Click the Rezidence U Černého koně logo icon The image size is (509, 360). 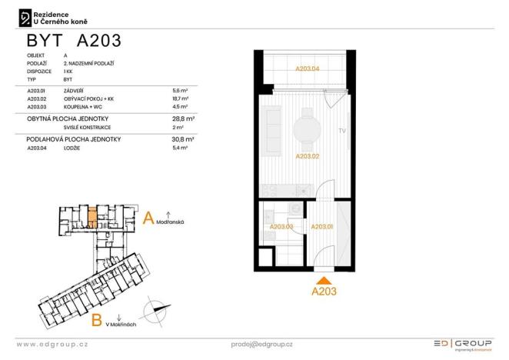(25, 17)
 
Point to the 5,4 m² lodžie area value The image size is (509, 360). (181, 147)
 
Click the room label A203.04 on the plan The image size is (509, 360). (307, 68)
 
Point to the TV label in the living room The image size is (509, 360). (341, 132)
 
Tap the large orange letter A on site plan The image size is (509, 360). (149, 218)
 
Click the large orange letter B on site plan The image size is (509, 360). (97, 319)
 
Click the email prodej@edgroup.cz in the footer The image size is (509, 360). (261, 344)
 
